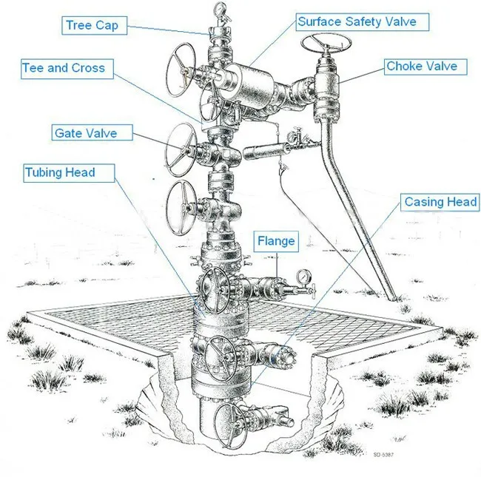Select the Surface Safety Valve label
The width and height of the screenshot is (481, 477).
356,22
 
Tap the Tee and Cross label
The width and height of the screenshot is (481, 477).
64,68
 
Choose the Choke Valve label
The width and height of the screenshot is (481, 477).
422,67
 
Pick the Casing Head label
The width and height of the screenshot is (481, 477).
440,202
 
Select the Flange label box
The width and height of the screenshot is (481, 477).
276,241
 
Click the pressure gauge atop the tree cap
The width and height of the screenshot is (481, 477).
220,10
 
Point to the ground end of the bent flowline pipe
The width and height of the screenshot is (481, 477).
391,297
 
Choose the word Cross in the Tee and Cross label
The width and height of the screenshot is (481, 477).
88,68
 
